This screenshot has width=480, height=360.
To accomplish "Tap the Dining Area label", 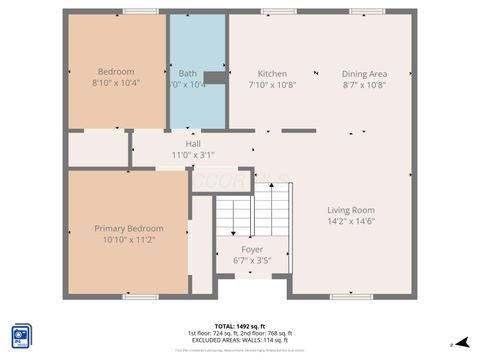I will tap(364, 74).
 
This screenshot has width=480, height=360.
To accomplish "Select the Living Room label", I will tap(350, 210).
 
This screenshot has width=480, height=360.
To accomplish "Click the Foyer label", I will tap(253, 249).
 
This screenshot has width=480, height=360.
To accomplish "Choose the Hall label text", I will tap(193, 144).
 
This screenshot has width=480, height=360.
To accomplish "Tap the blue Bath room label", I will tap(188, 73).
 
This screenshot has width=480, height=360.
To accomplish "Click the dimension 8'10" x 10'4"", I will tap(115, 84).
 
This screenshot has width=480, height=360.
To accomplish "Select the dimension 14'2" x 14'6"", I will tap(350, 221).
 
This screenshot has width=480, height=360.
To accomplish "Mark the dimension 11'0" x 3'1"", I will tap(193, 155).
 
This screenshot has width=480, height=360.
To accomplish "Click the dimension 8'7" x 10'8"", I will tap(364, 85).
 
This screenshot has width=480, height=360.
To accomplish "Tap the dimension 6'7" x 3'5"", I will tap(253, 260).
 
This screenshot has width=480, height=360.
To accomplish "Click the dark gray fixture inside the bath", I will tap(214, 77).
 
